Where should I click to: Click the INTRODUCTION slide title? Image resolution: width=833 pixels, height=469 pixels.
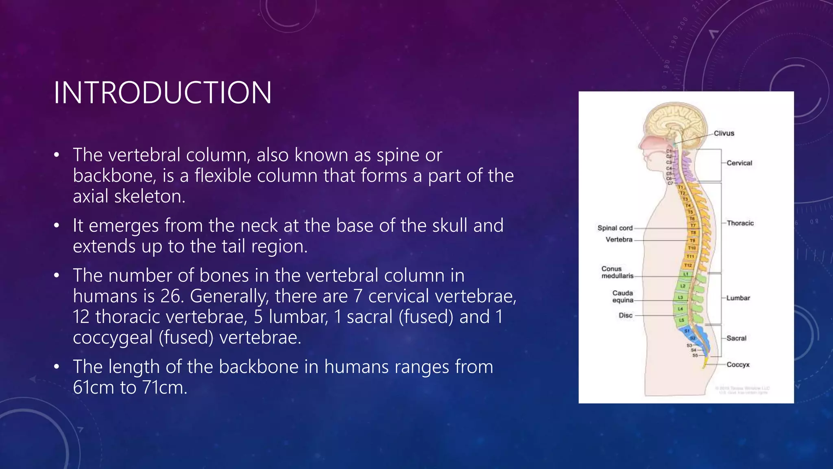click(162, 93)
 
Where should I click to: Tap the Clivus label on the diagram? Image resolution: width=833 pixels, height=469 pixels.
click(724, 133)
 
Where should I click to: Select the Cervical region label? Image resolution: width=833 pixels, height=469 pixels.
click(739, 163)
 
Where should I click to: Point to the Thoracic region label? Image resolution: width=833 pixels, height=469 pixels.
click(740, 223)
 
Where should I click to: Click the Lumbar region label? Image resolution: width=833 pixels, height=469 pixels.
click(738, 298)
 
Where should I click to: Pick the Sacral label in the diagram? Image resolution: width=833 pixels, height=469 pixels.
click(736, 338)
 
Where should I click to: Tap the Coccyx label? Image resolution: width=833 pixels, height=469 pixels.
click(738, 365)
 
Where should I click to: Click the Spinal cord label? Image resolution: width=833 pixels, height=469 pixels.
click(615, 228)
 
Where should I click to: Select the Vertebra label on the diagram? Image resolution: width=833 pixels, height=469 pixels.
click(619, 239)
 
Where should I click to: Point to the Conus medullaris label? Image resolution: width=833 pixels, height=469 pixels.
click(617, 272)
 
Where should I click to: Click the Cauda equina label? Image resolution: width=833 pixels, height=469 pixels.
click(623, 296)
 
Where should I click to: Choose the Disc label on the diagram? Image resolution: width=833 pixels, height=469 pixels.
click(626, 316)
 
